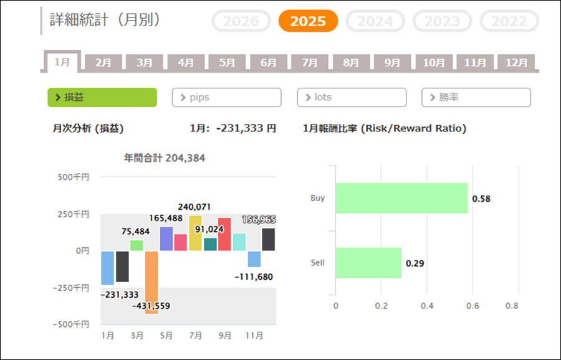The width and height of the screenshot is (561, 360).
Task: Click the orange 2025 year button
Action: coord(308,21)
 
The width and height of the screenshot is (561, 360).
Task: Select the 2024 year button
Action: coord(375,21)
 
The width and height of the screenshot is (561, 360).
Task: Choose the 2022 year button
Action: coord(509,21)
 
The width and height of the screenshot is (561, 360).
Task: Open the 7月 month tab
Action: coord(310,63)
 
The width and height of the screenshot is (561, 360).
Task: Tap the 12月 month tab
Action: coord(517,63)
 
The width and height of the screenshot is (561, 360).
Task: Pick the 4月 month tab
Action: coord(186,63)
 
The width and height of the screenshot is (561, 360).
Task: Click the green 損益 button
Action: coord(102,98)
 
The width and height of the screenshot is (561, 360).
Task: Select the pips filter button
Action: coord(226,98)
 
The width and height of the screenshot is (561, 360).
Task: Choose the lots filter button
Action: coord(352,98)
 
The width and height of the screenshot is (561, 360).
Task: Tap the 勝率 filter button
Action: coord(476,98)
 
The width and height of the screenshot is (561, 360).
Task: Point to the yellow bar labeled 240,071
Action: coord(195,233)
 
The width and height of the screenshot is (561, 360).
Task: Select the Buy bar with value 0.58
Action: coord(401,198)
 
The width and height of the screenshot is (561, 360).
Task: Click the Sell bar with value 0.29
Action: coord(368,263)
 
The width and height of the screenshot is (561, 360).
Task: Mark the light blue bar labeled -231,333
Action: coord(108,268)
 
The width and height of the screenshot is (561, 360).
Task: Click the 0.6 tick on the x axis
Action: coord(472,306)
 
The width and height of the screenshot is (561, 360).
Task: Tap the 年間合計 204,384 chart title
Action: coord(165,158)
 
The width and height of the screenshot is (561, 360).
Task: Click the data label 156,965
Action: coord(258,220)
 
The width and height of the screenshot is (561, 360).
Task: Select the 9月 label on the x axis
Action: coord(225,336)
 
